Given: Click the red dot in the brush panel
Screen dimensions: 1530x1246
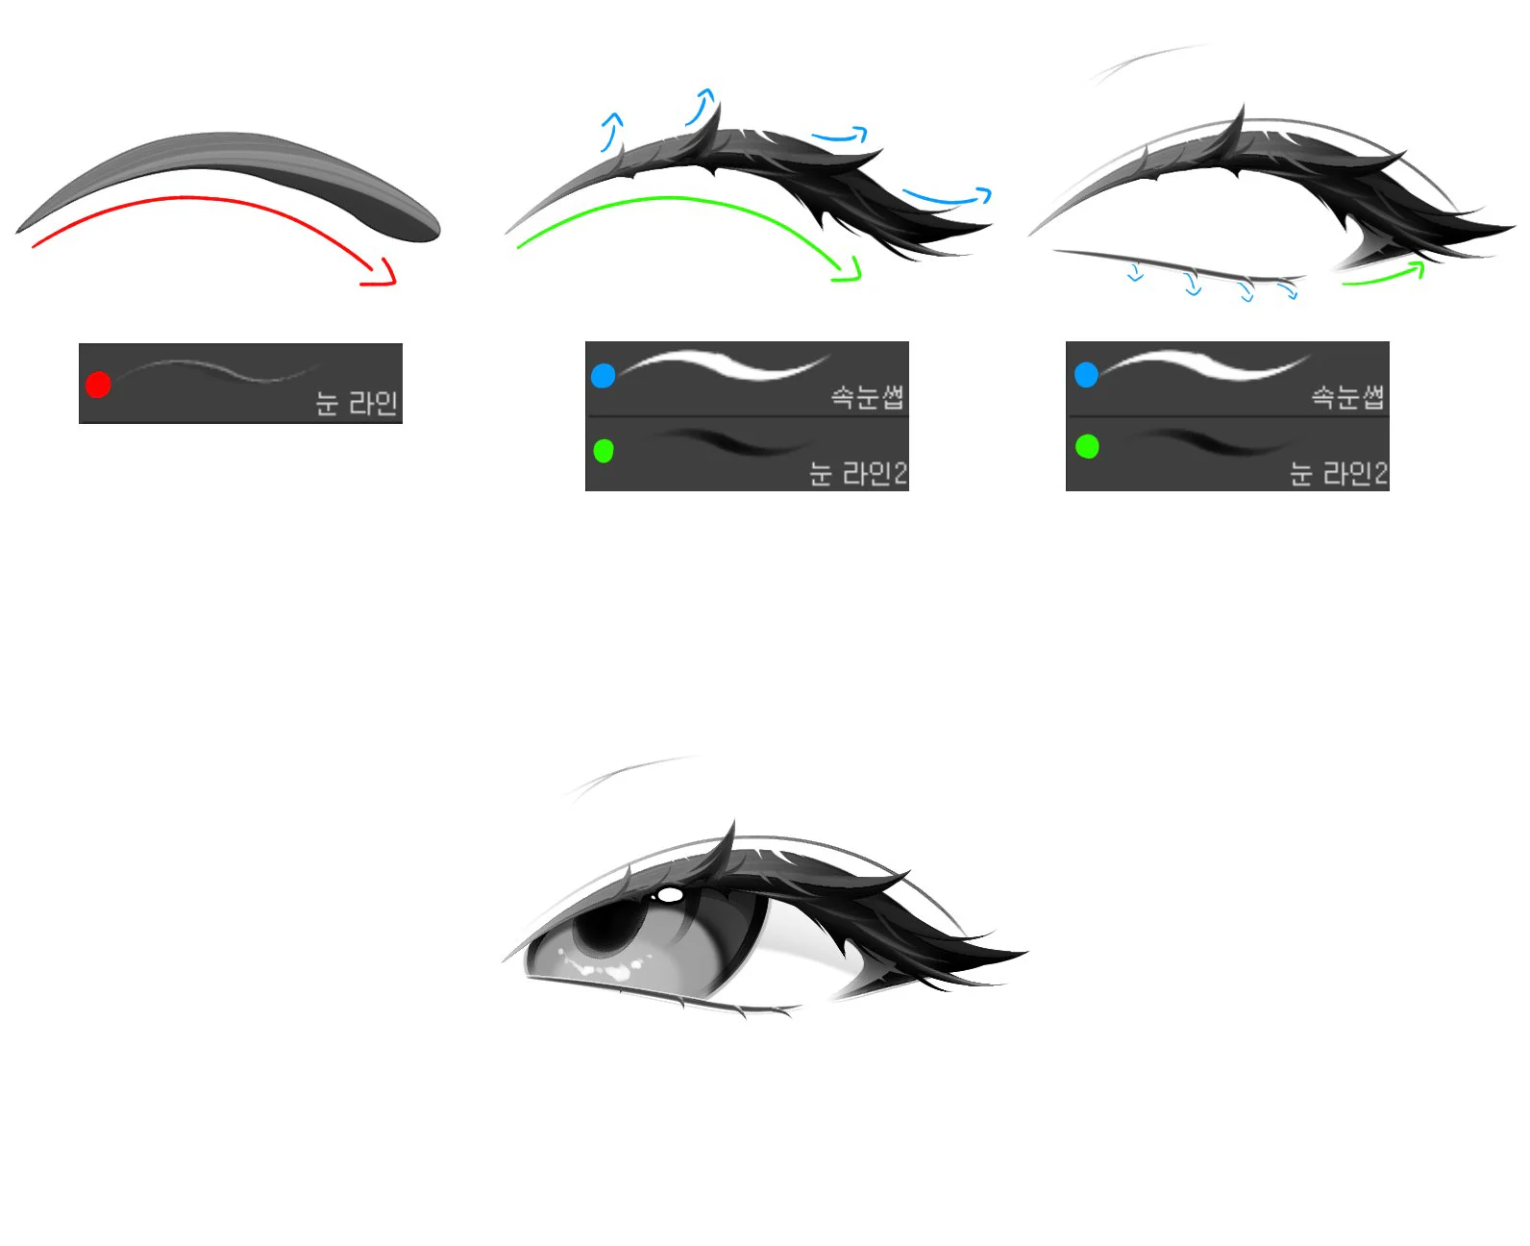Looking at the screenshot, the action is pos(98,384).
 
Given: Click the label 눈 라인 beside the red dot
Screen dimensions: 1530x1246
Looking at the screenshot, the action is pos(357,403).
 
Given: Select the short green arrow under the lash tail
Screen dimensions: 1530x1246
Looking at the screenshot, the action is pos(1384,275).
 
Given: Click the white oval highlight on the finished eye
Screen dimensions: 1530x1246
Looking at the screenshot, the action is pos(670,895).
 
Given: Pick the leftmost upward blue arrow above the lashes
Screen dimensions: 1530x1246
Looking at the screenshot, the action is pos(612,131).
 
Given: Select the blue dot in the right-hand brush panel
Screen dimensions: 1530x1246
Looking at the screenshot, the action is pos(1086,374).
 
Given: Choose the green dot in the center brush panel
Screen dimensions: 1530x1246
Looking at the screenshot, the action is pos(604,451).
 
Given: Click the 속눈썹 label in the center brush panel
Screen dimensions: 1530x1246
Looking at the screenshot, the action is pos(867,397).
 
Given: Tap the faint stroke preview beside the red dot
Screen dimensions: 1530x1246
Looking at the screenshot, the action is pos(219,370).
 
